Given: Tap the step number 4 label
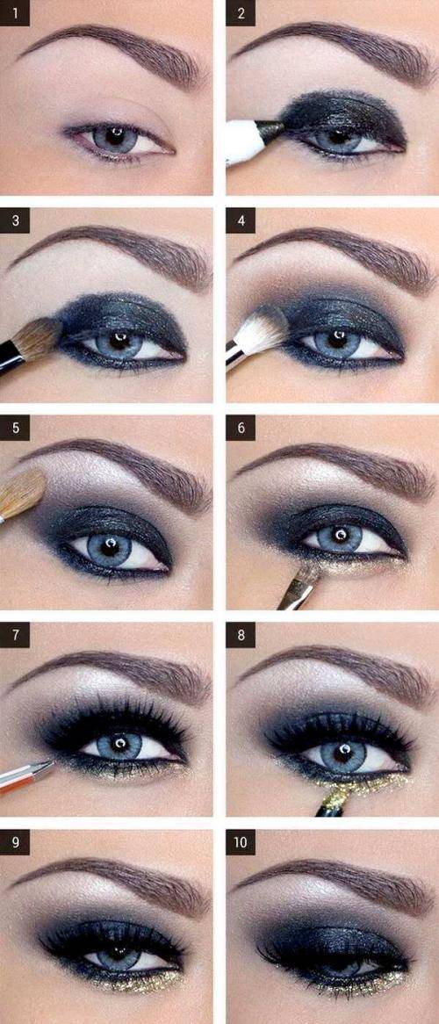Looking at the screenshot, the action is pyautogui.click(x=241, y=221).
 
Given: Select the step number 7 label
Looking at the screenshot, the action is pyautogui.click(x=15, y=636).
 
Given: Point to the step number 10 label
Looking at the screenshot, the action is pyautogui.click(x=241, y=842).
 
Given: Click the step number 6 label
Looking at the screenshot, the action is pyautogui.click(x=241, y=429).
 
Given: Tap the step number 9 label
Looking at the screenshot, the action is pyautogui.click(x=15, y=842).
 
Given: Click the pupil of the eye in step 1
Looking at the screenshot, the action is pyautogui.click(x=116, y=137).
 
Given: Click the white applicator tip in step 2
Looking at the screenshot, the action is pyautogui.click(x=245, y=141).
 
